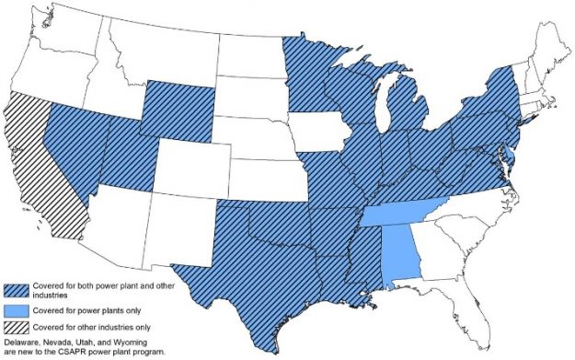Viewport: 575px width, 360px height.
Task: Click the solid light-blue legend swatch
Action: point(18,309)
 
